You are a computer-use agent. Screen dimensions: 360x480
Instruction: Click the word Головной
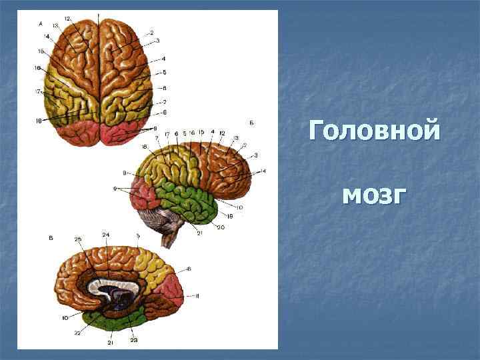pyautogui.click(x=375, y=130)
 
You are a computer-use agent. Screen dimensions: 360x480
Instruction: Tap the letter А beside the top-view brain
pyautogui.click(x=41, y=23)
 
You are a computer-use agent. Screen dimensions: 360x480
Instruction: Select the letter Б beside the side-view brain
pyautogui.click(x=250, y=123)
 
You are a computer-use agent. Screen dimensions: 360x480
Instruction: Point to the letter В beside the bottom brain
pyautogui.click(x=51, y=237)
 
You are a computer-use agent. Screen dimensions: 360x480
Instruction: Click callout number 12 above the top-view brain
pyautogui.click(x=68, y=18)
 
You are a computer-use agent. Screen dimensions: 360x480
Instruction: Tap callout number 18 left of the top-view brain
pyautogui.click(x=39, y=121)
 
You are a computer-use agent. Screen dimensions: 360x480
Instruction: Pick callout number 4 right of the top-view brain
pyautogui.click(x=163, y=59)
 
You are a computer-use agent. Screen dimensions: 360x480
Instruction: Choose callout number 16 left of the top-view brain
pyautogui.click(x=38, y=68)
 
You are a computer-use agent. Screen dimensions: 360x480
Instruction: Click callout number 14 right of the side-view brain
pyautogui.click(x=263, y=171)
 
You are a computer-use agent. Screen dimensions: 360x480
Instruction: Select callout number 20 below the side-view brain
pyautogui.click(x=221, y=227)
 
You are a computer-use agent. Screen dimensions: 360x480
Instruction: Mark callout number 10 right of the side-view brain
pyautogui.click(x=239, y=207)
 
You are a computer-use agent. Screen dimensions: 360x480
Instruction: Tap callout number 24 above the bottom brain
pyautogui.click(x=106, y=235)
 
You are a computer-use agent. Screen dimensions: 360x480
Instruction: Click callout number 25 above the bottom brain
pyautogui.click(x=78, y=239)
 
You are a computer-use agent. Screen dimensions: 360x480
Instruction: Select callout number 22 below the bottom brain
pyautogui.click(x=78, y=332)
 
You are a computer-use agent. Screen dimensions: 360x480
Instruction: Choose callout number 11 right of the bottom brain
pyautogui.click(x=197, y=295)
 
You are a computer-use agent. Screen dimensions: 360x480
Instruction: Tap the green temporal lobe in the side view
pyautogui.click(x=193, y=203)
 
